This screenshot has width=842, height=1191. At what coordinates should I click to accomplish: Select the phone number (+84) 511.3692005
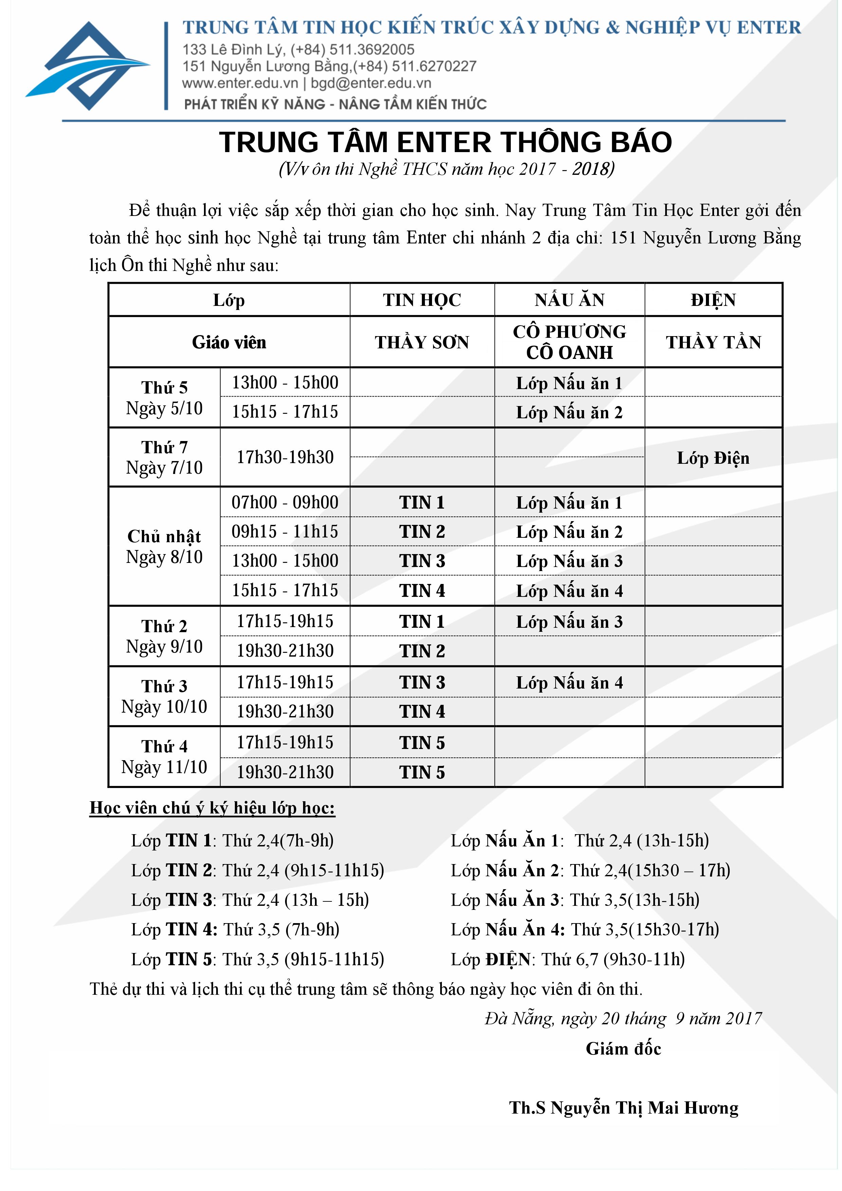tap(353, 50)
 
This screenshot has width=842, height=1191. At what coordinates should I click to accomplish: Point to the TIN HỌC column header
tap(422, 300)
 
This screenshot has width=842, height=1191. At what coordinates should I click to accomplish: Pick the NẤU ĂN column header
tap(569, 300)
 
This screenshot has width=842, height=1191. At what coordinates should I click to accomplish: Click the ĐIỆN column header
tap(713, 300)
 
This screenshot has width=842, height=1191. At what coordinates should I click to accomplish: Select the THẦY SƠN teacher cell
tap(422, 342)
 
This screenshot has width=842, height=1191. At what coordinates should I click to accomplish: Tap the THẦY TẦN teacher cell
tap(713, 342)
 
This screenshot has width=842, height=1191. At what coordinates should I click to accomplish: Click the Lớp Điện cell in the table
tap(713, 458)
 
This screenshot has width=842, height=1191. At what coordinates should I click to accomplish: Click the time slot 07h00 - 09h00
tap(285, 502)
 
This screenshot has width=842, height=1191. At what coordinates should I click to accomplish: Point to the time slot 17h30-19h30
tap(285, 457)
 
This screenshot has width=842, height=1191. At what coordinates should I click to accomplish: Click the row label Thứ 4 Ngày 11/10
tap(164, 757)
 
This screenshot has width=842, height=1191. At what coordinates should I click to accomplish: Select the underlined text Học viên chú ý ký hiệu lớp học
tap(212, 808)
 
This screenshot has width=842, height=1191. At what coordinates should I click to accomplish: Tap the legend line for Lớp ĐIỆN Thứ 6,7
tap(568, 959)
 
